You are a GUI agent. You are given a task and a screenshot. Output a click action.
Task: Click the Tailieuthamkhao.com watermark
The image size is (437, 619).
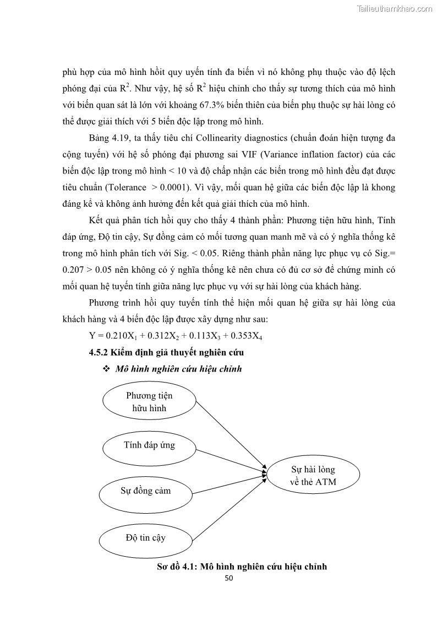point(395,8)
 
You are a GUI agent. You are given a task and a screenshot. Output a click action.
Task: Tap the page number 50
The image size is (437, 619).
point(230,578)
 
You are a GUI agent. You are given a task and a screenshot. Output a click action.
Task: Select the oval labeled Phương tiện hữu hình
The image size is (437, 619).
point(149,402)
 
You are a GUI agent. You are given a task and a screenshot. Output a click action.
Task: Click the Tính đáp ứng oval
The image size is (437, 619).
point(149,445)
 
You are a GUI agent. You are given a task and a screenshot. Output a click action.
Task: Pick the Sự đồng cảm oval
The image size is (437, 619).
point(146,491)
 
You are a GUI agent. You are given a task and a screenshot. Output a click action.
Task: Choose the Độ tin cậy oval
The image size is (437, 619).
point(145,537)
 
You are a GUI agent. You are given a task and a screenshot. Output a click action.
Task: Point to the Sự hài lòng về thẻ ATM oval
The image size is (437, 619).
point(313,476)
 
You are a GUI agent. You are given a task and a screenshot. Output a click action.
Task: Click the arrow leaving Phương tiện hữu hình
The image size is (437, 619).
point(231,435)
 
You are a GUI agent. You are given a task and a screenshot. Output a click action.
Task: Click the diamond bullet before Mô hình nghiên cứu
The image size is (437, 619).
point(107,369)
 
